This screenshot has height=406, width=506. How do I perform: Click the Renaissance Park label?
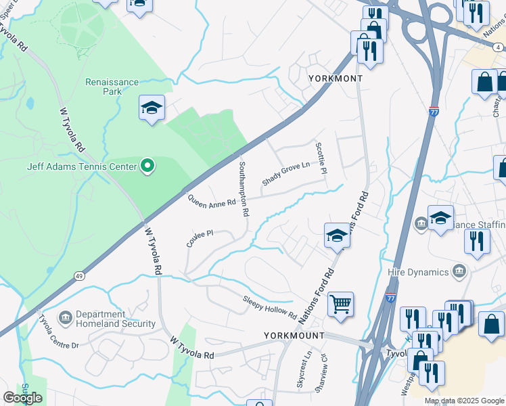coord(112,87)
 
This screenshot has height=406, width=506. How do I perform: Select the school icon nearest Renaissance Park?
coord(152,108)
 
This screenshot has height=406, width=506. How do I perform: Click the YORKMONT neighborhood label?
coord(336,78)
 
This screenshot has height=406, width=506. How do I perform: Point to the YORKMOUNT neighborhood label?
coord(294,336)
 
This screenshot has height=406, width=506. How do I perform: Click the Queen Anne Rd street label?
coord(212,201)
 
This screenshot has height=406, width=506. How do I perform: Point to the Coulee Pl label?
coord(200,238)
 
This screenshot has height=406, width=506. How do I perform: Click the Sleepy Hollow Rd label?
coord(270,308)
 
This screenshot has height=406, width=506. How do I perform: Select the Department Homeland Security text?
coord(110,319)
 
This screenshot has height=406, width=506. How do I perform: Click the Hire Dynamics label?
coord(419,272)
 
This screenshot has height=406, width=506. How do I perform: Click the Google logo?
coord(23,398)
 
